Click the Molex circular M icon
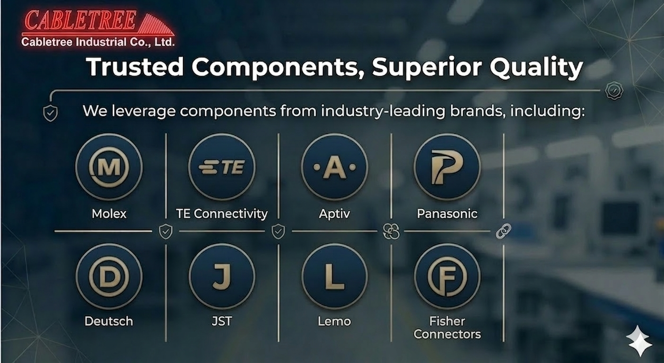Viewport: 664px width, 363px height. click(x=109, y=167)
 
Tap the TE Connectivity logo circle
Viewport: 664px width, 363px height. click(x=221, y=167)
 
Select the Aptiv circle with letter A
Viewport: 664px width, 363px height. click(x=334, y=167)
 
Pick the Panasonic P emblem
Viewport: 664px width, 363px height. click(x=447, y=167)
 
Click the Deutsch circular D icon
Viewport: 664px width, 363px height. click(x=109, y=277)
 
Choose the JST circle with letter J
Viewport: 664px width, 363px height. click(x=221, y=277)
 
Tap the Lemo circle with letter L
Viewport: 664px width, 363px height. click(x=334, y=277)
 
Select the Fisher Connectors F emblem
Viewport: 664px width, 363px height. click(x=447, y=277)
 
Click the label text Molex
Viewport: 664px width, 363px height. click(x=109, y=214)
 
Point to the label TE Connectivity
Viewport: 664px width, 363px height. click(x=221, y=214)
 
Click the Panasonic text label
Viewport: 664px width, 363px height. click(x=447, y=214)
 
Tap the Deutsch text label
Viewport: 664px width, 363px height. click(x=109, y=321)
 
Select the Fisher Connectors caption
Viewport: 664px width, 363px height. click(x=447, y=328)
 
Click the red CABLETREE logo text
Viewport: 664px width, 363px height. click(x=80, y=21)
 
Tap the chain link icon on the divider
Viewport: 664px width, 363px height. click(x=503, y=232)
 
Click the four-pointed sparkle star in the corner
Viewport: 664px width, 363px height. click(x=639, y=341)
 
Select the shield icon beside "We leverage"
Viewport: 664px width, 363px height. click(x=51, y=113)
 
